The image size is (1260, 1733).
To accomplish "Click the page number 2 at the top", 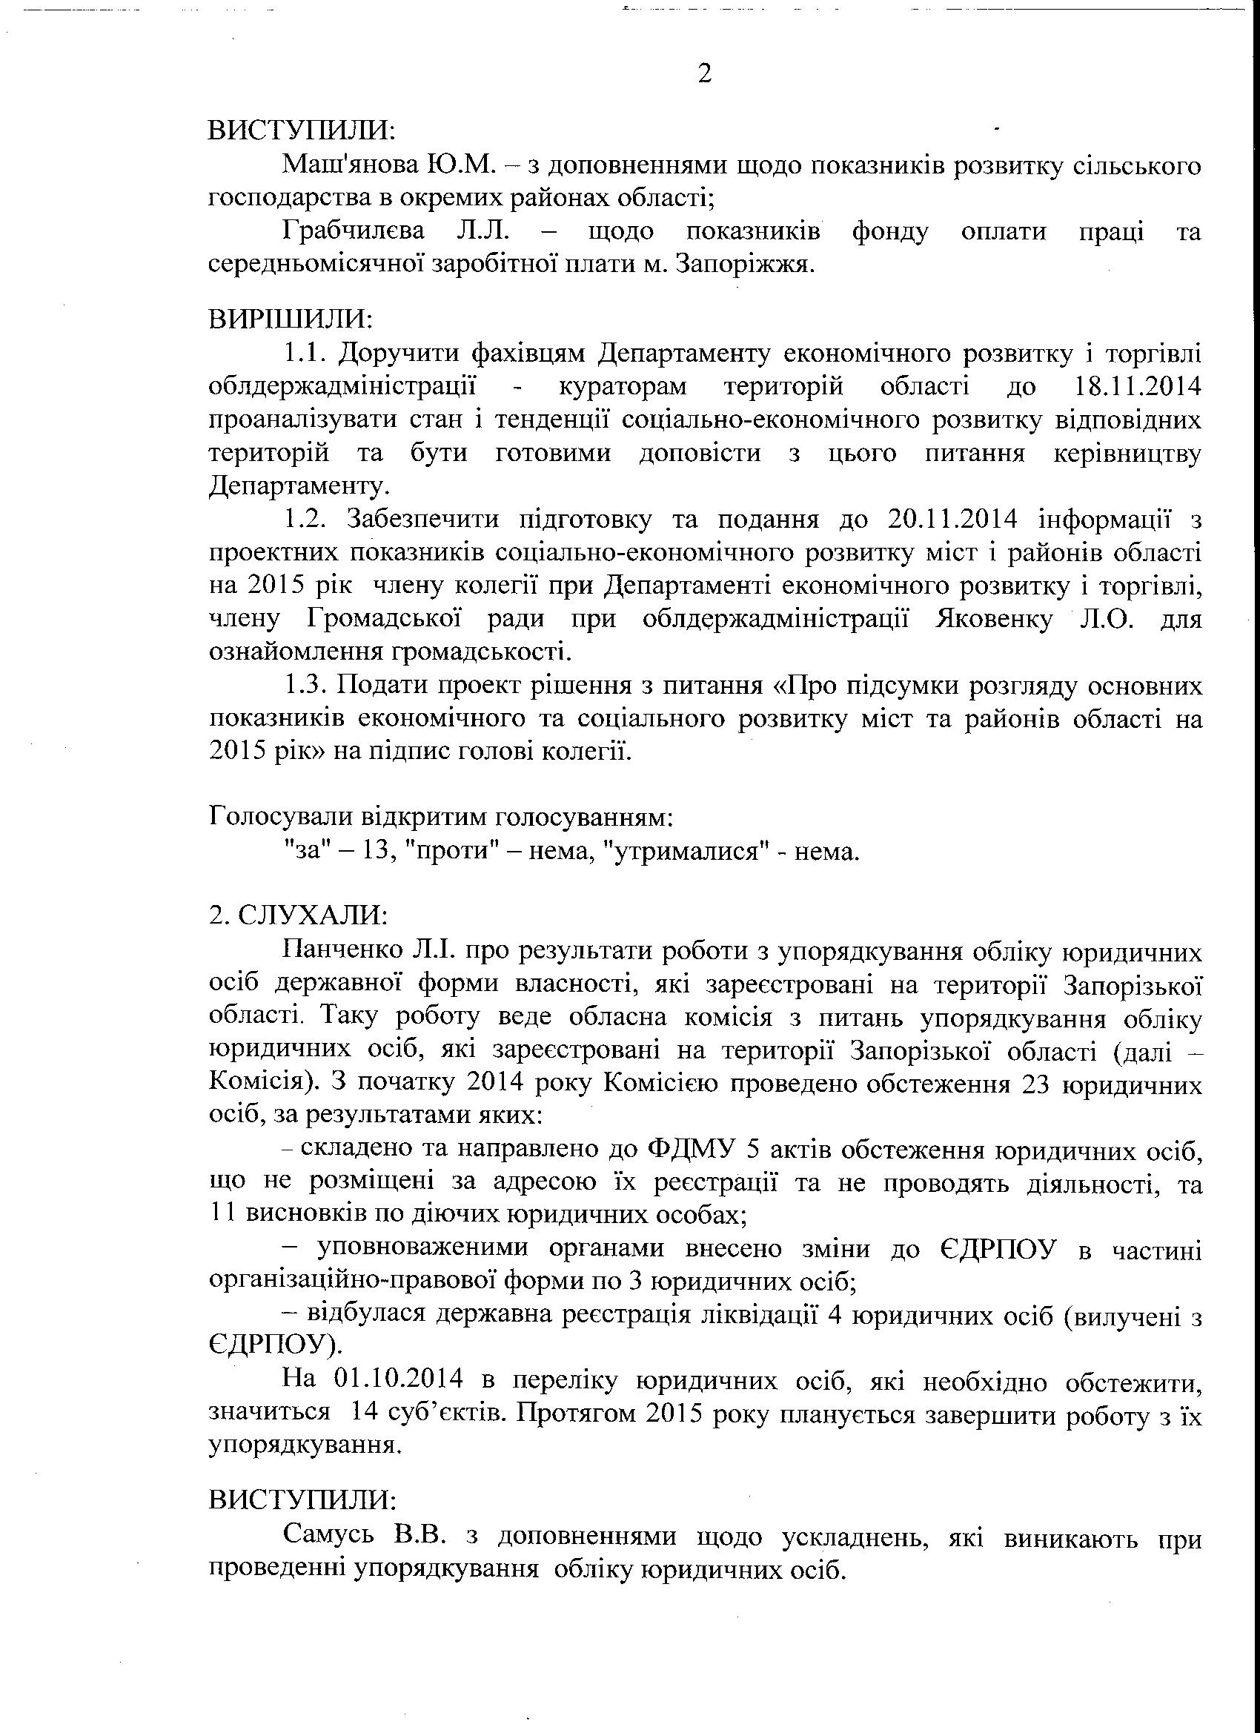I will (705, 74).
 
